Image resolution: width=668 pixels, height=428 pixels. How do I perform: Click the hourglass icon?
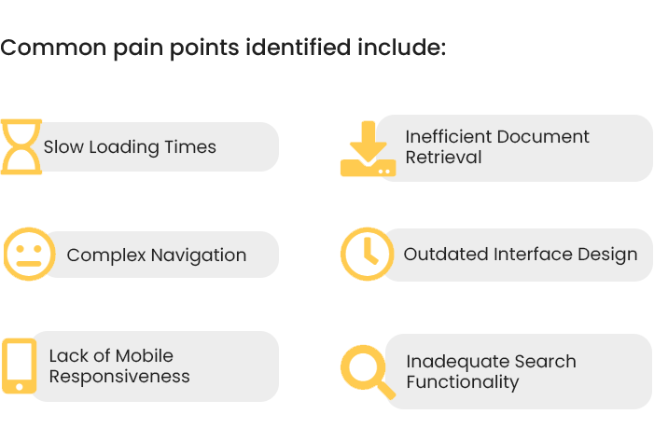(21, 147)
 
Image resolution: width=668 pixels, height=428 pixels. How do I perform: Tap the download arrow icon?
(369, 148)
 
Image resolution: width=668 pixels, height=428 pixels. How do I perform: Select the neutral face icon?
(30, 254)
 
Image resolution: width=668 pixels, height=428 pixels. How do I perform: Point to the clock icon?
(367, 254)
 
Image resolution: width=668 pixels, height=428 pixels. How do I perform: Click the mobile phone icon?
(20, 366)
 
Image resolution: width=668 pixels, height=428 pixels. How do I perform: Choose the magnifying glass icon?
(369, 372)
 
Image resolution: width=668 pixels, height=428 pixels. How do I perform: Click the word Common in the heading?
(53, 47)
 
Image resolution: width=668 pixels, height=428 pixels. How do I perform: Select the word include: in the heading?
(402, 47)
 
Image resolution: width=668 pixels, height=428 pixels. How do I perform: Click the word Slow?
(63, 147)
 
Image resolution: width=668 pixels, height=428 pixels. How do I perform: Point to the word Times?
(190, 147)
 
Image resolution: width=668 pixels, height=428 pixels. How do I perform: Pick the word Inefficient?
(448, 137)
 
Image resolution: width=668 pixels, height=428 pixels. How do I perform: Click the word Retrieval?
(443, 158)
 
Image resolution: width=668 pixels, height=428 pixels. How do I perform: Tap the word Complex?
(106, 255)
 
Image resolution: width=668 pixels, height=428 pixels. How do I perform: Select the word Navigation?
(199, 255)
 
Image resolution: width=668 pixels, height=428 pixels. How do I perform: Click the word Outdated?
(446, 255)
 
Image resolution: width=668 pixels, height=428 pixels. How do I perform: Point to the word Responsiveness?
(119, 377)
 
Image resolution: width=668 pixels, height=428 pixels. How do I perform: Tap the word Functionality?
(463, 382)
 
